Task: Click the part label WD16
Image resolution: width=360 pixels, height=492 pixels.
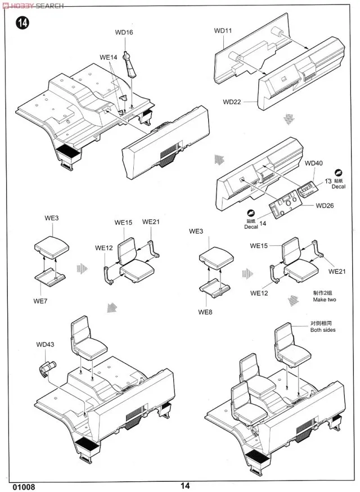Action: click(124, 33)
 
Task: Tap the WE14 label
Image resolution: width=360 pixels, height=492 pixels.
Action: click(109, 57)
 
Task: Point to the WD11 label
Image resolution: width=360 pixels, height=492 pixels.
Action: click(223, 30)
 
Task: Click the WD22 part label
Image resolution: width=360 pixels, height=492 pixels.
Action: click(231, 102)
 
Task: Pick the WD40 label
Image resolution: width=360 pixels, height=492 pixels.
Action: click(314, 163)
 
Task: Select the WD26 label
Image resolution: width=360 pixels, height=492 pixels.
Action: click(325, 205)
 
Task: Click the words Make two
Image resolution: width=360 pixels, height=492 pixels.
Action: click(325, 300)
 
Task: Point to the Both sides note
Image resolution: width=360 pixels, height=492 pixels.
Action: click(323, 329)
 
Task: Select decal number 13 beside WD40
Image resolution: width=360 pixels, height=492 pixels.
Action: click(327, 181)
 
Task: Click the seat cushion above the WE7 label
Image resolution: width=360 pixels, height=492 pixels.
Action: click(51, 246)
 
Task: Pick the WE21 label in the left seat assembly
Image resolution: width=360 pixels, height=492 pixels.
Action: click(151, 222)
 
